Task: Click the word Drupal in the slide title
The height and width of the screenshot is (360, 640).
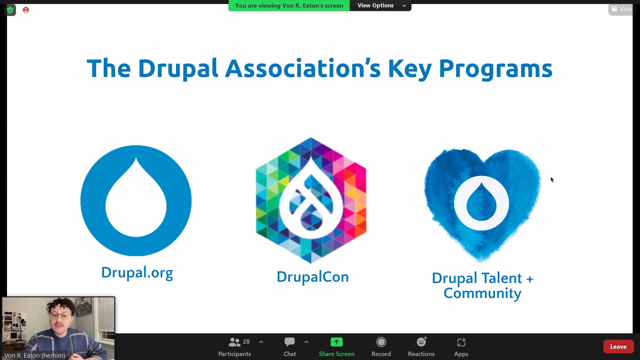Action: click(178, 69)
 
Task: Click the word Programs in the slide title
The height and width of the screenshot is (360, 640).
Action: click(495, 69)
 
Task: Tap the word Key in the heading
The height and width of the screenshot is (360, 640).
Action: click(410, 69)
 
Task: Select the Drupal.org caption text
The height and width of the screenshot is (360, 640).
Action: click(137, 273)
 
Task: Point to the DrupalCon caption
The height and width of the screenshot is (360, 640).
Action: click(313, 277)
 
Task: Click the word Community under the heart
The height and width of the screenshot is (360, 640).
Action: click(482, 293)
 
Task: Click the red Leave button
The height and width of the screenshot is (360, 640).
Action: click(618, 347)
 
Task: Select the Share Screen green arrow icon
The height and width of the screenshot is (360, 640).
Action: click(337, 342)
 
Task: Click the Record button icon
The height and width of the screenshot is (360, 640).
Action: click(381, 342)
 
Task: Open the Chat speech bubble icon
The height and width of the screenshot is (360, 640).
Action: click(290, 342)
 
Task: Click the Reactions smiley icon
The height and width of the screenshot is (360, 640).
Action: click(422, 342)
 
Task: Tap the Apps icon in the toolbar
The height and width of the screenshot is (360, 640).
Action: click(461, 342)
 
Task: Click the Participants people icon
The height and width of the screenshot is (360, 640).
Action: click(234, 342)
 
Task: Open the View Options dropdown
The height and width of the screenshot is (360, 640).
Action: click(380, 5)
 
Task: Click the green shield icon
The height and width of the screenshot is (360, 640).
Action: click(10, 10)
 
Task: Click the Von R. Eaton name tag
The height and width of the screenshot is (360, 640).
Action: click(35, 356)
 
